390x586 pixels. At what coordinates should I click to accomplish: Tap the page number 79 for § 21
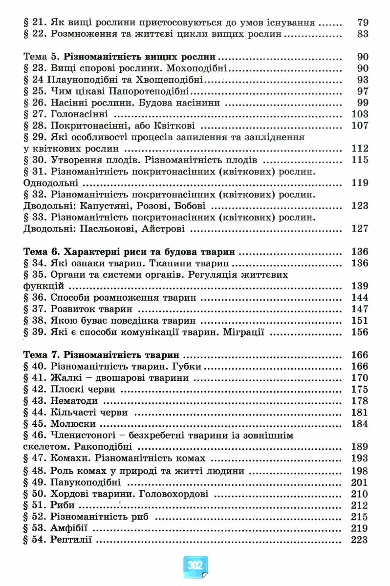click(x=363, y=22)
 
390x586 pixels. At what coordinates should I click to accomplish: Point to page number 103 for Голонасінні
click(x=360, y=114)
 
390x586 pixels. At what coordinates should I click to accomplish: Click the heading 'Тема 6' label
click(x=40, y=252)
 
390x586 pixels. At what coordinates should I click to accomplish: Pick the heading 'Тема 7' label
click(x=40, y=355)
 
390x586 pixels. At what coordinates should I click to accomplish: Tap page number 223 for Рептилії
click(x=360, y=540)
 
